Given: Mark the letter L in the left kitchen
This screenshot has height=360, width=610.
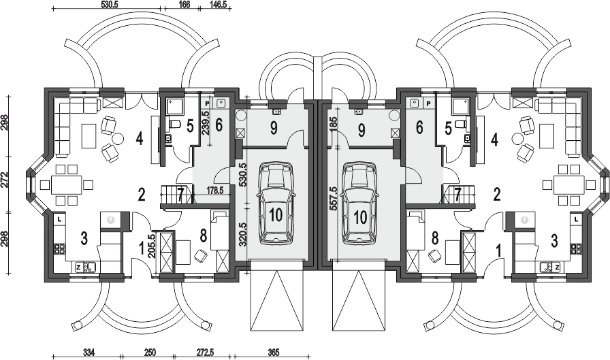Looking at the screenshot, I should pos(59,219).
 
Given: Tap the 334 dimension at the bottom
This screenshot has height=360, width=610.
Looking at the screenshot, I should pos(89,353).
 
